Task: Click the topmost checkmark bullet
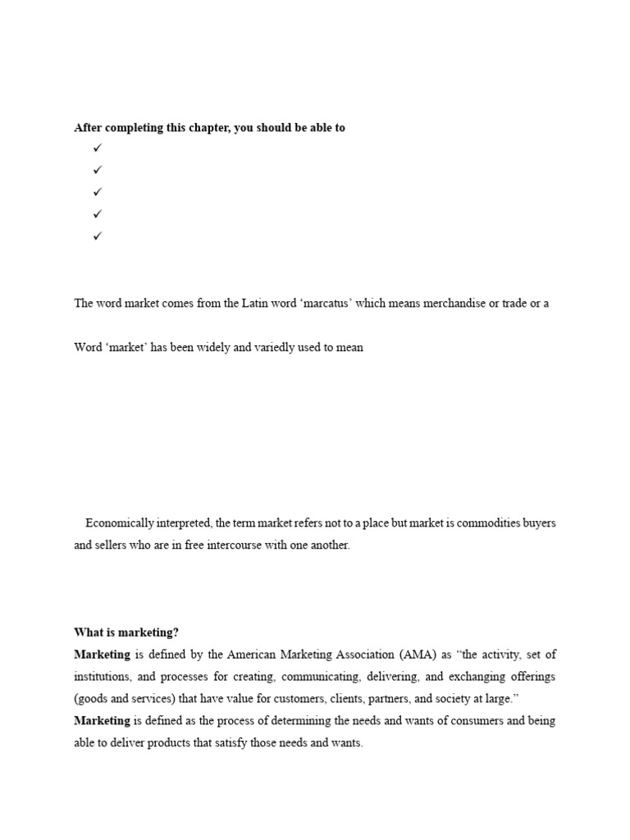[97, 148]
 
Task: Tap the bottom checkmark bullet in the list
[97, 236]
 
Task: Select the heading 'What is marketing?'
[126, 632]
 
